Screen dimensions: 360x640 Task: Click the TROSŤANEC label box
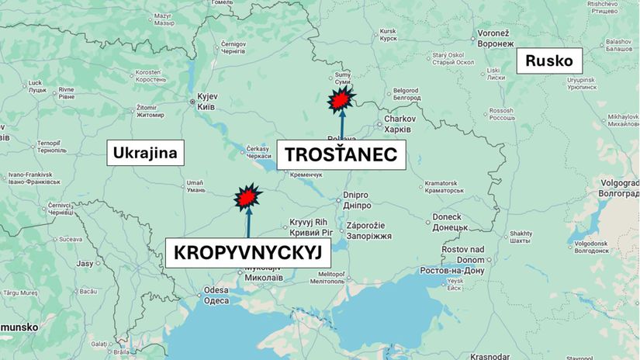click(341, 154)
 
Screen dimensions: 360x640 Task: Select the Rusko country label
click(548, 60)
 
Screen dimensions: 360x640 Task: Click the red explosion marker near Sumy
click(341, 100)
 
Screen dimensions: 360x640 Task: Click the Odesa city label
click(216, 295)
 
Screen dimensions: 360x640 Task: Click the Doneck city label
click(447, 221)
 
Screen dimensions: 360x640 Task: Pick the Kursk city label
click(388, 35)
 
